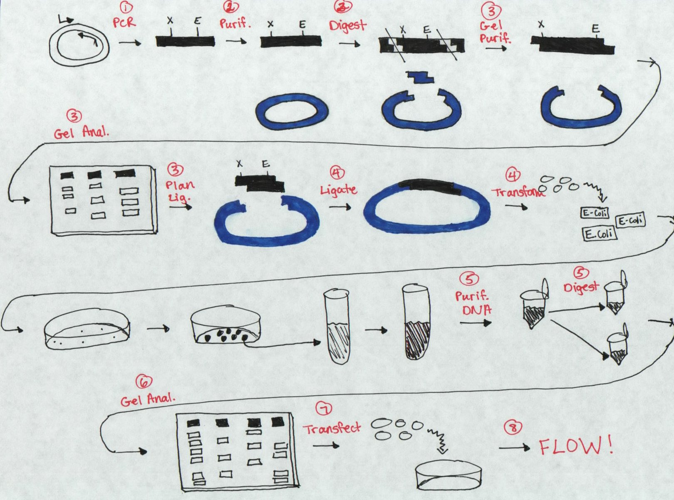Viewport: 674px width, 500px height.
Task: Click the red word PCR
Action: point(124,22)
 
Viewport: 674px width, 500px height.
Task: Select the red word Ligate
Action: point(339,190)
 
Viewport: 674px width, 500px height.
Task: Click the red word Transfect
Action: point(332,428)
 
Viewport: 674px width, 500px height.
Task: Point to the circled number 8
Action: point(513,428)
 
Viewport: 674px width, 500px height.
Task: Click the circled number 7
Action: point(324,410)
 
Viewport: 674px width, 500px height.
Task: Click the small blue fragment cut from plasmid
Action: point(420,76)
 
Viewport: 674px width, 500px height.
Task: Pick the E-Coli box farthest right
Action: point(631,221)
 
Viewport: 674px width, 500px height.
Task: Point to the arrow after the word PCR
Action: point(130,43)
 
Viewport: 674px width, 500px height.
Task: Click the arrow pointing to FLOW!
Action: point(515,447)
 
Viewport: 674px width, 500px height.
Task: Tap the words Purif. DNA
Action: point(473,303)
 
